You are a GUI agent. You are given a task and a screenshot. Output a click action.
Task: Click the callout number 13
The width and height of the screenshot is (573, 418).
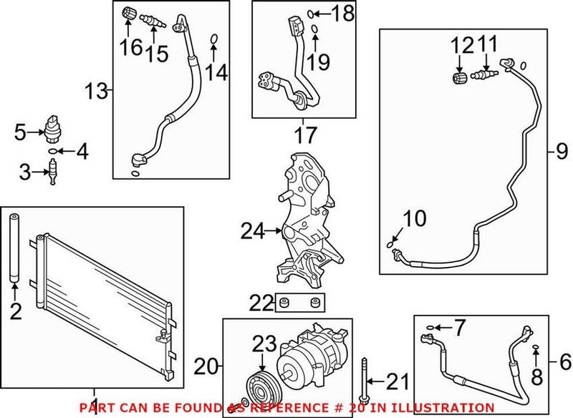tap(95, 91)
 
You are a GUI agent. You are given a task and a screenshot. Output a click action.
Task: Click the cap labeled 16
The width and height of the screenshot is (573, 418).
tap(129, 12)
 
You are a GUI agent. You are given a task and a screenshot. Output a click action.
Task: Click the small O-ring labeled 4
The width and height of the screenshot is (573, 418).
tap(54, 151)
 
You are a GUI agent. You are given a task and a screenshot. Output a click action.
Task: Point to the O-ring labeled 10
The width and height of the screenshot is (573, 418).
tap(390, 244)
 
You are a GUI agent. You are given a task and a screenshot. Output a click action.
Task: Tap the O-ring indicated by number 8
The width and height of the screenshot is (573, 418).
tap(535, 348)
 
